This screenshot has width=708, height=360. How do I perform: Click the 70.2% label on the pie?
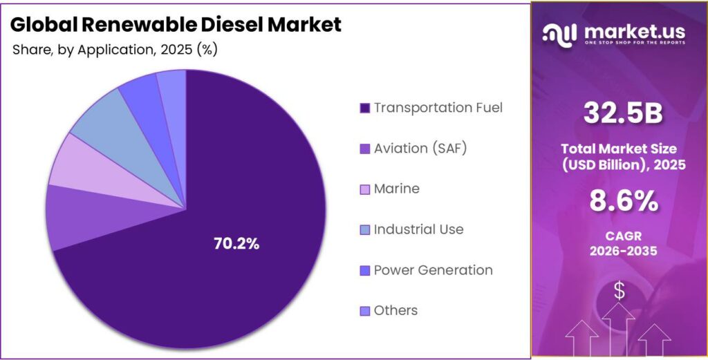coord(236,243)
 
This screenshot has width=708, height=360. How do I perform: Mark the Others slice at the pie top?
coord(172,88)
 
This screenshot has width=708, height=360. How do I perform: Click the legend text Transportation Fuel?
coord(438,108)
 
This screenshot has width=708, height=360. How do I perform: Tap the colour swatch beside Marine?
coord(364,189)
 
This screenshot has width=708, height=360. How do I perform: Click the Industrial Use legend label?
coord(418,229)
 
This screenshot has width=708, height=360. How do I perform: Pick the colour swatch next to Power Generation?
coord(364,271)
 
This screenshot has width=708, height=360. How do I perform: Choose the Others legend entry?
coord(395,311)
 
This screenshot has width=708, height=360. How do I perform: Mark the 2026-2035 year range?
coord(619,252)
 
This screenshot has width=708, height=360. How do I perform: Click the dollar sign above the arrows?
coord(619,292)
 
